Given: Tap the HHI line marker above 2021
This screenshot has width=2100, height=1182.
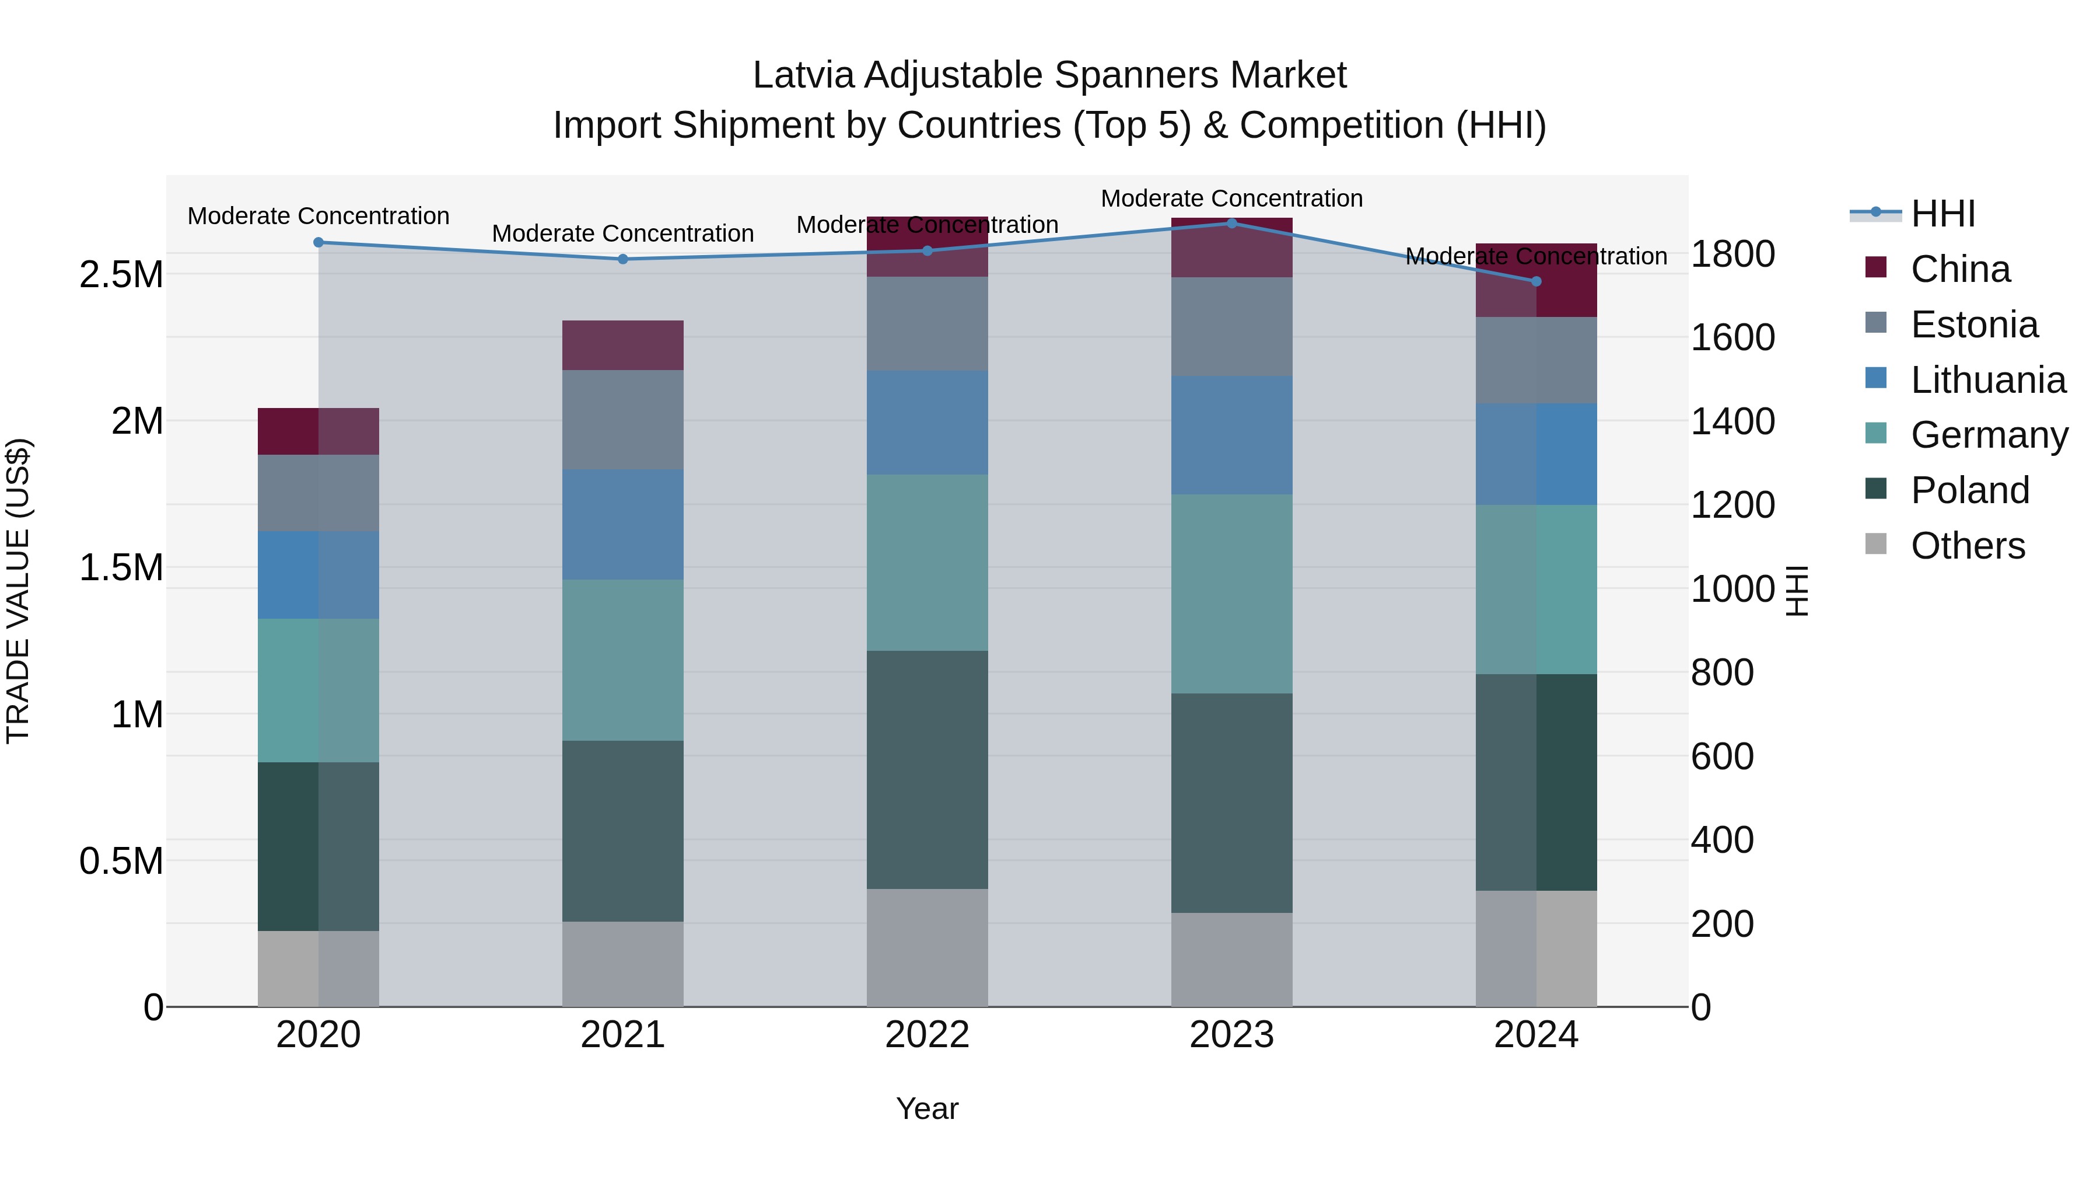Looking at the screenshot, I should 623,259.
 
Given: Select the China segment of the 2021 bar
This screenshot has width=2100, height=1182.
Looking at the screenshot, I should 623,345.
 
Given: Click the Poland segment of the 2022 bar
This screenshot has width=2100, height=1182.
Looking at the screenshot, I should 927,769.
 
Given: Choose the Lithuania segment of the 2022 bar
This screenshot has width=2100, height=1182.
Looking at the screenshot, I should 927,423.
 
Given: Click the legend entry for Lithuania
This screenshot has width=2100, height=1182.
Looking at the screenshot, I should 1987,380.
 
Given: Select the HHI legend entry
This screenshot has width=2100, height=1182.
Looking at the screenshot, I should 1942,214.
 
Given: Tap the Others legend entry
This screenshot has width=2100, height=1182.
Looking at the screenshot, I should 1966,546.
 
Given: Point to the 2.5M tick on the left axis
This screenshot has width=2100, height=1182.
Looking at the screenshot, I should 121,275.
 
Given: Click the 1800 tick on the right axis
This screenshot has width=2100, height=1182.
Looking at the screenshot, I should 1732,254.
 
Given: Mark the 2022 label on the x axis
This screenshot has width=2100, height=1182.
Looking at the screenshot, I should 927,1034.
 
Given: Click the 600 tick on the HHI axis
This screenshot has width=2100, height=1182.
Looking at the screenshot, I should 1722,756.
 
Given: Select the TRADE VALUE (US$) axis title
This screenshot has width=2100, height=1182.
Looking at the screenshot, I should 18,591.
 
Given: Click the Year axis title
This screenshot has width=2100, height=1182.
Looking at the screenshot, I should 927,1108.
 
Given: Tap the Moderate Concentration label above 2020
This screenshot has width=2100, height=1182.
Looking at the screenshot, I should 318,216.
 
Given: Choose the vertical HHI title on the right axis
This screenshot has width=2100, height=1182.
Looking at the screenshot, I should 1797,591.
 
